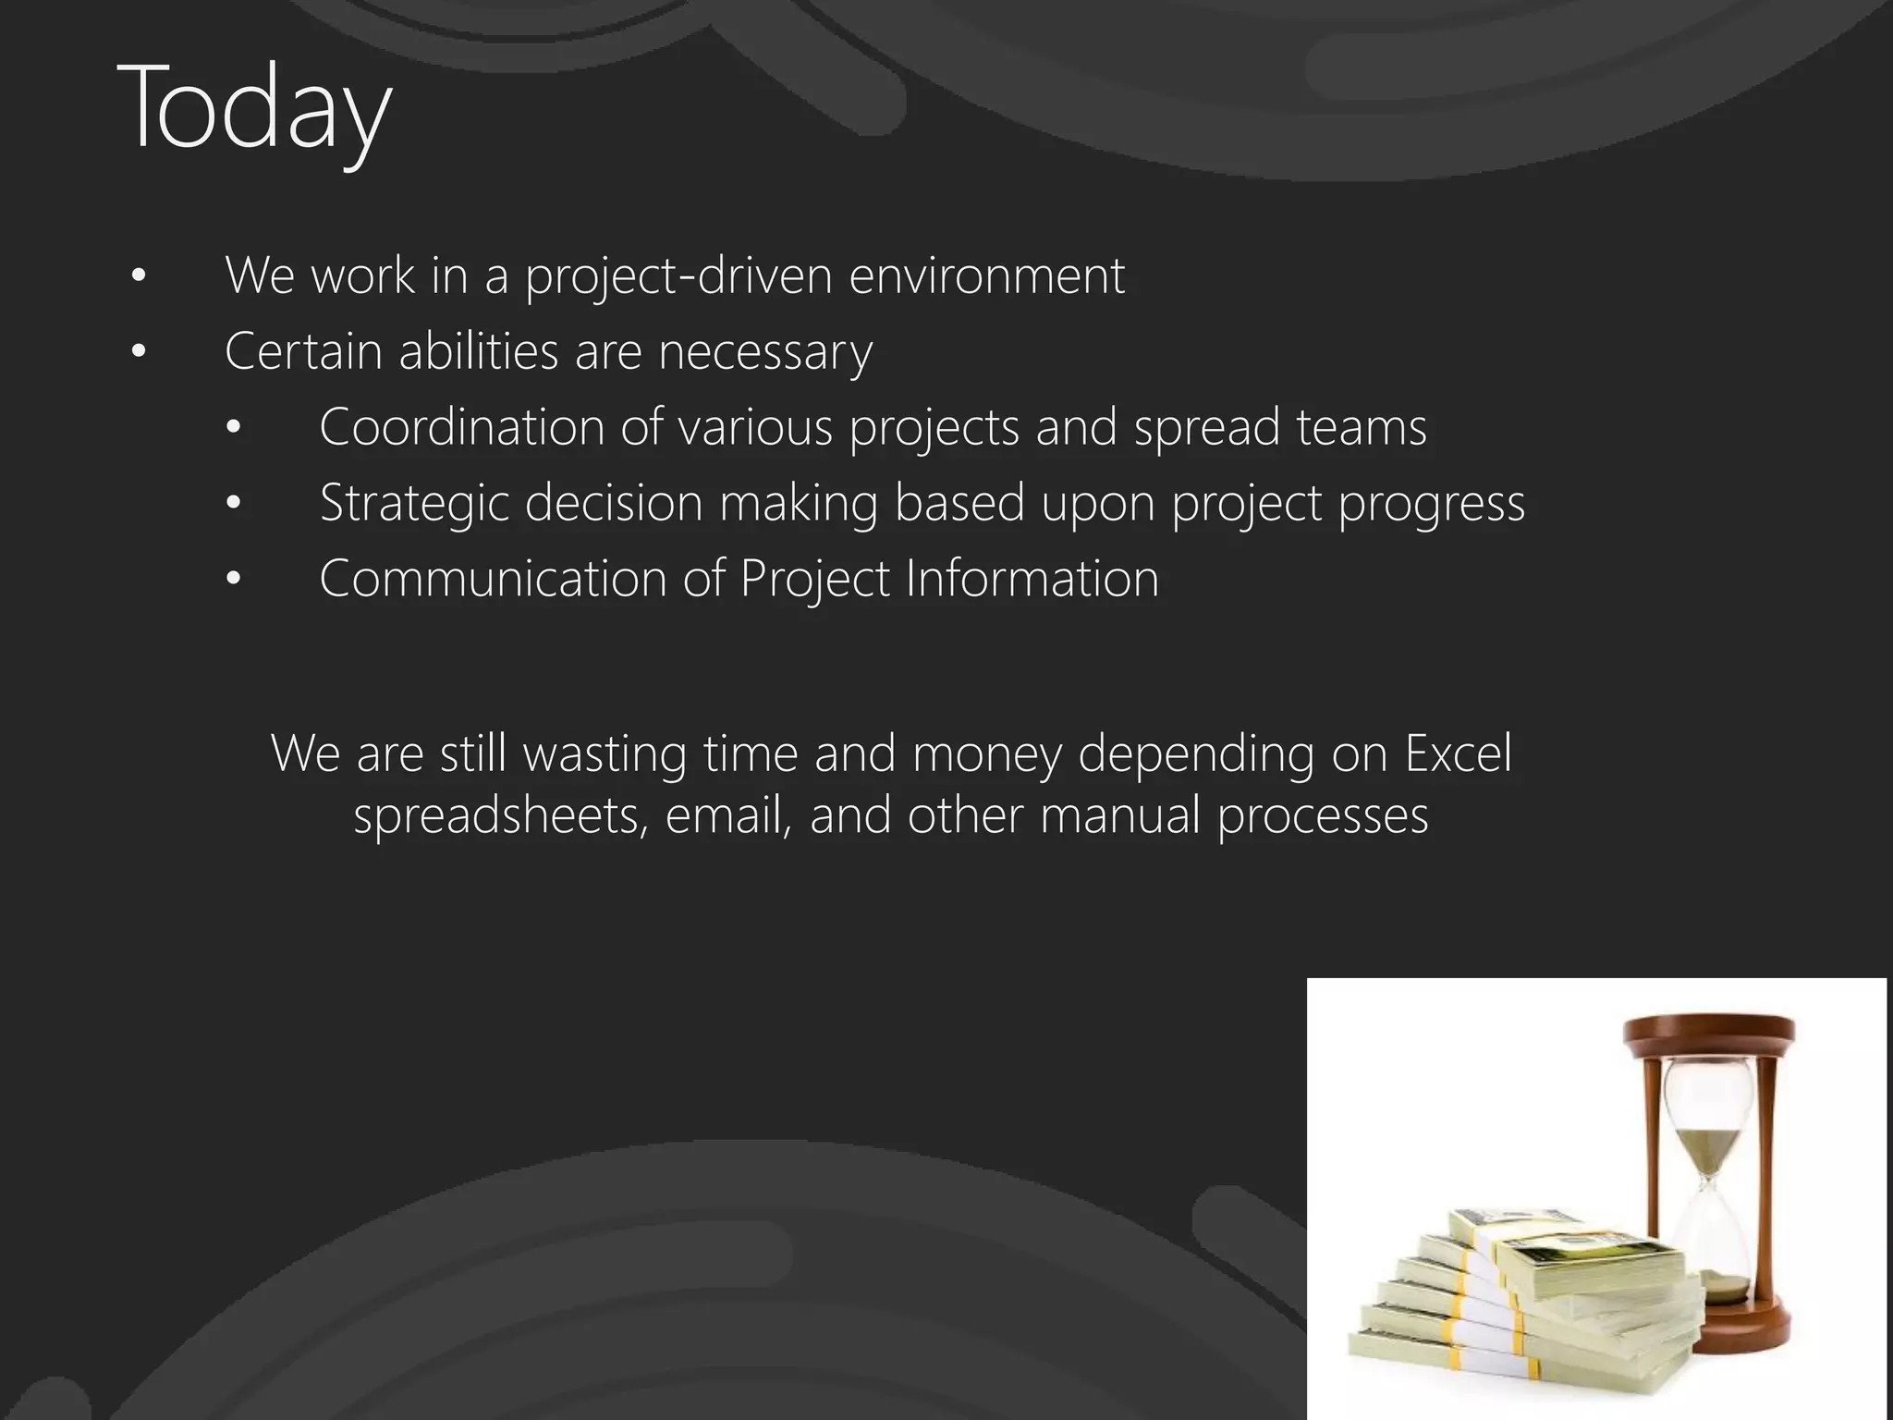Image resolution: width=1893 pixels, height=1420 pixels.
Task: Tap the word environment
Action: tap(986, 275)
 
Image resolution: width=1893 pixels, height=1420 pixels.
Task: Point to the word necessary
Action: tap(764, 353)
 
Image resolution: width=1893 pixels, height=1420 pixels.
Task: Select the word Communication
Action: tap(493, 579)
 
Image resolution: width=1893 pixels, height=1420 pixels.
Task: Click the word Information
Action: tap(1032, 579)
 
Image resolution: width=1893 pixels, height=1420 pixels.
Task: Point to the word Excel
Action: tap(1458, 753)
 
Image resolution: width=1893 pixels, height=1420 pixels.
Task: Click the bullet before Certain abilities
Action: tap(139, 351)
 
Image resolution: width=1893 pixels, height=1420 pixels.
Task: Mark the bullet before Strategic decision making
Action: tap(233, 504)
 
